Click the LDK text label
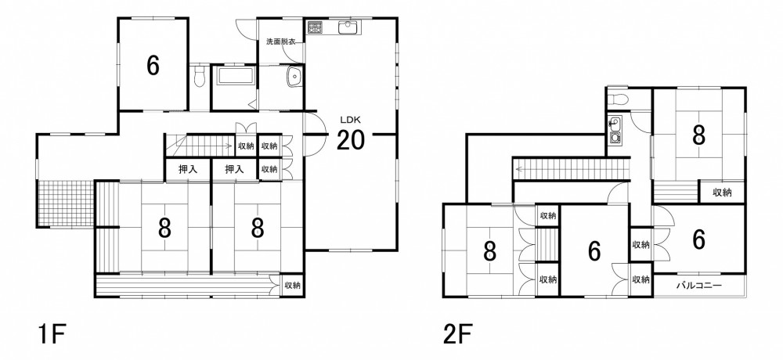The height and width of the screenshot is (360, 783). [x=351, y=120]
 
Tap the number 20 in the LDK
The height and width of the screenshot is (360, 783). [x=351, y=140]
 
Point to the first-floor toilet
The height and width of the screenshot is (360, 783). [x=200, y=77]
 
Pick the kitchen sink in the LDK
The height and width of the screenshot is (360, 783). [x=349, y=27]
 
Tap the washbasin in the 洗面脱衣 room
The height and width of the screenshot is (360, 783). [x=294, y=77]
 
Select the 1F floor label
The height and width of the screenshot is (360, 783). [x=52, y=334]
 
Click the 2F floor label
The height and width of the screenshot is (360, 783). [x=458, y=334]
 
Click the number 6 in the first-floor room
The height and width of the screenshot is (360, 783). [x=153, y=65]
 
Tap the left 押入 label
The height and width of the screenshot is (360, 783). [x=188, y=169]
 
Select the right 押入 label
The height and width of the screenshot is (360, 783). [x=233, y=169]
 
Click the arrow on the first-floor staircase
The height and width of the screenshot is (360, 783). [x=201, y=146]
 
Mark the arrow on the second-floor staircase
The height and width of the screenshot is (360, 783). [x=572, y=169]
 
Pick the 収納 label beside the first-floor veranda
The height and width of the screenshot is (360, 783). [x=292, y=286]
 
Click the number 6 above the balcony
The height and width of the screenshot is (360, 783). [x=699, y=240]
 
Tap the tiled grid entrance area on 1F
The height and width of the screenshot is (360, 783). [x=66, y=203]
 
